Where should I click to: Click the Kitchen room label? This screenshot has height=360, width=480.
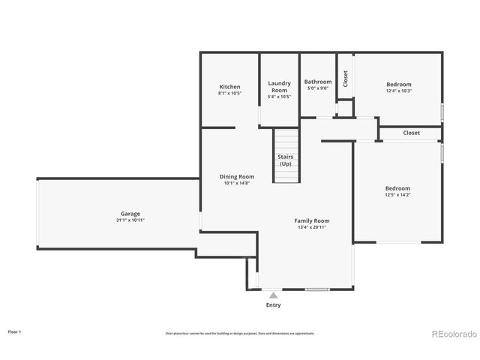(229, 87)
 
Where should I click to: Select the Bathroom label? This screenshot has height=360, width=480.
(318, 82)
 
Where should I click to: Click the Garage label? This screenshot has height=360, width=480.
(130, 214)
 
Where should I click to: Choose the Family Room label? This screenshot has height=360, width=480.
(311, 220)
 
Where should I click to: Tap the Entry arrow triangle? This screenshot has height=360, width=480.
(273, 296)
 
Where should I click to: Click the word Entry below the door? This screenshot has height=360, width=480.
(273, 306)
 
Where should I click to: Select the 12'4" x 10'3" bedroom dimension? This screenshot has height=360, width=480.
(399, 91)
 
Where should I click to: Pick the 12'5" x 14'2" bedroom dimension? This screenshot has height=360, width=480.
(397, 195)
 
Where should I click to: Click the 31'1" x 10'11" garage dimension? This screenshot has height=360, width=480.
(130, 220)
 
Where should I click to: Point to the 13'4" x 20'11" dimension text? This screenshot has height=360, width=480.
(311, 227)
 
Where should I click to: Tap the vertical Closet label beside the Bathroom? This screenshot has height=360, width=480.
(345, 79)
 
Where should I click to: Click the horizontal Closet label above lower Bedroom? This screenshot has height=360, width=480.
(411, 133)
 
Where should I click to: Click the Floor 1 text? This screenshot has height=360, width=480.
(15, 331)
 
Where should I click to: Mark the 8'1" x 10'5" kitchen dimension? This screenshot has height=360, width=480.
(229, 94)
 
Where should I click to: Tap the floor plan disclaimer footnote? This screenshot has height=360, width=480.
(240, 333)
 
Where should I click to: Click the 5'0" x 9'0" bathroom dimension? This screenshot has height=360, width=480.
(318, 88)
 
